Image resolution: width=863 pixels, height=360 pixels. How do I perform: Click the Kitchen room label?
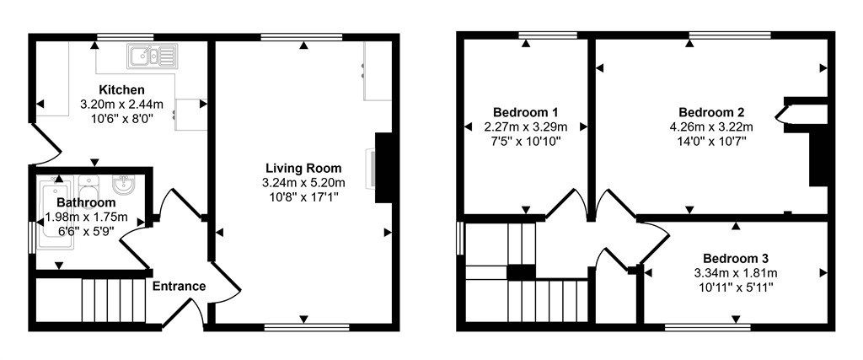point(121,90)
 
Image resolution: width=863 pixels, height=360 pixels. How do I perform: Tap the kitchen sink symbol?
point(152,57)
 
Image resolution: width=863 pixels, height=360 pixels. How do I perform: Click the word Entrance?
point(179,287)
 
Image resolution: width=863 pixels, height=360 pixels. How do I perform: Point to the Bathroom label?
point(86,203)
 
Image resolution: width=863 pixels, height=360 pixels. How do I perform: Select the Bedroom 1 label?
point(526,112)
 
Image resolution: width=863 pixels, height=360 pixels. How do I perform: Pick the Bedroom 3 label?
point(736,258)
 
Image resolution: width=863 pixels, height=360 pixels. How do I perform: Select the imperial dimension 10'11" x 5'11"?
point(736,287)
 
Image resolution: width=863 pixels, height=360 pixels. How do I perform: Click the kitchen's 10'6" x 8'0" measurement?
point(121,119)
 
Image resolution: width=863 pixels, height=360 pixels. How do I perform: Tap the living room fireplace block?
point(383,167)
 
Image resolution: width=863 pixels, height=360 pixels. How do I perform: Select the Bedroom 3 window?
point(707,325)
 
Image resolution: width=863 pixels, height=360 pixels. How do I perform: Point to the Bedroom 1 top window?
point(548,36)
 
